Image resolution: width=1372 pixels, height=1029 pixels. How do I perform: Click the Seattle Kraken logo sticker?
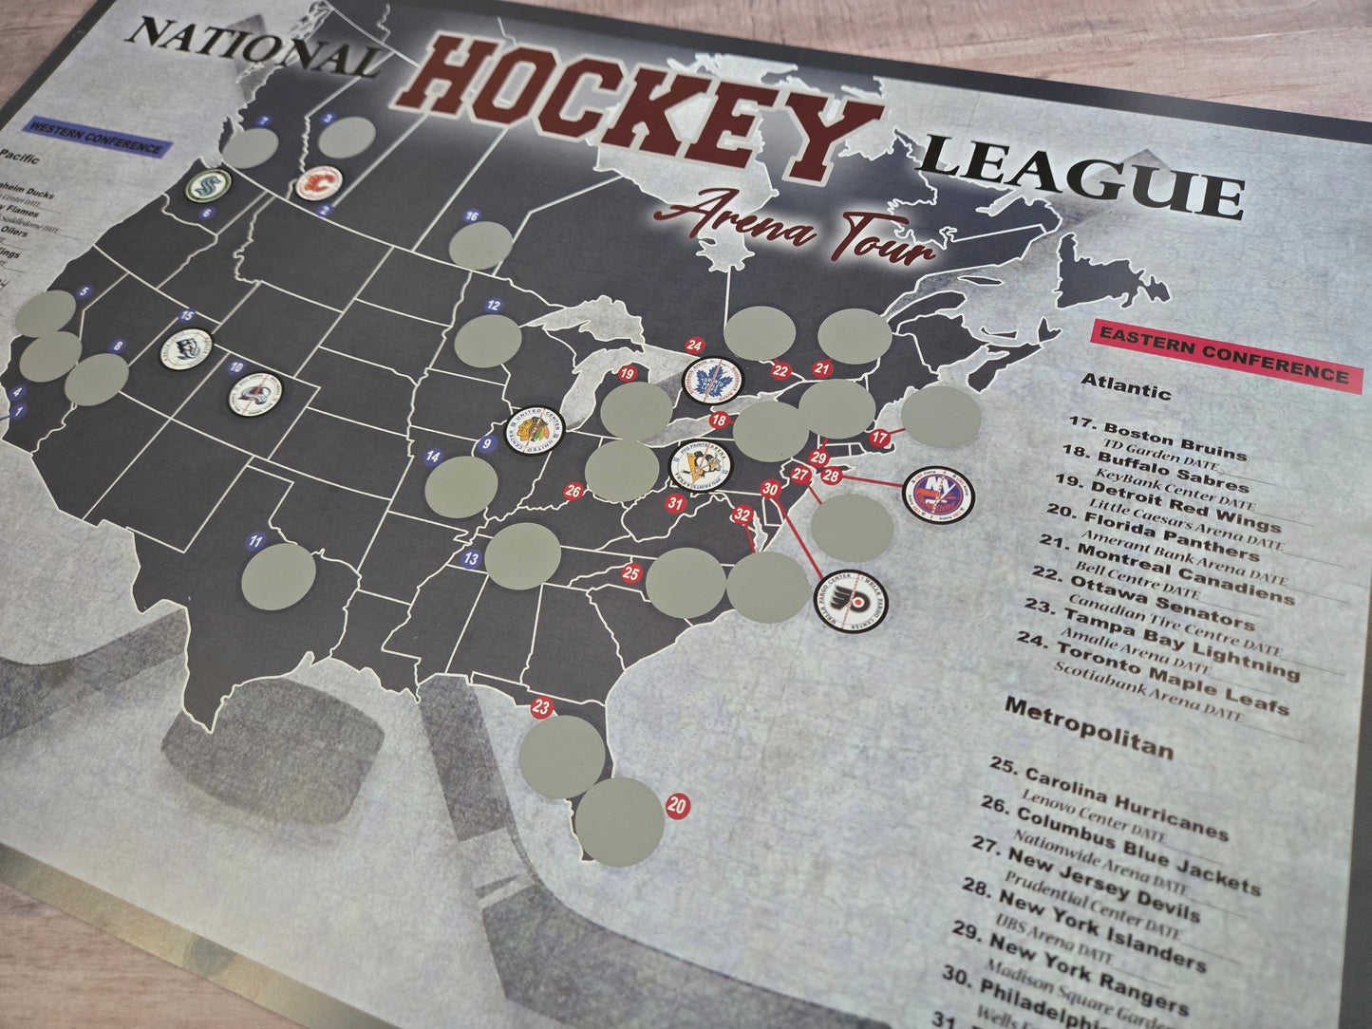(208, 184)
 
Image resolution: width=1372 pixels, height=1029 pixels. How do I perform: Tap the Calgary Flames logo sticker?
(318, 182)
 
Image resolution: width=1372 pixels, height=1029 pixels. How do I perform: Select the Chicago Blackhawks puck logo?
(534, 429)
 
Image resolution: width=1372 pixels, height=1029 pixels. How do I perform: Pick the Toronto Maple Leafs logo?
(713, 381)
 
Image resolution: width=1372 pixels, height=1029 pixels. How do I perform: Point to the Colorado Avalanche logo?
(257, 393)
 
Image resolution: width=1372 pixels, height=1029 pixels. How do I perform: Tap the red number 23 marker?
(541, 707)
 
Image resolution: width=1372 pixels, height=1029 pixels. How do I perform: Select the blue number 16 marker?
(472, 216)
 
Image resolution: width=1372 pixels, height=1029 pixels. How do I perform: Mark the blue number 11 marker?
(254, 542)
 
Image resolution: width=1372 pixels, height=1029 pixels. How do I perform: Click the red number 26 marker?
(573, 491)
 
